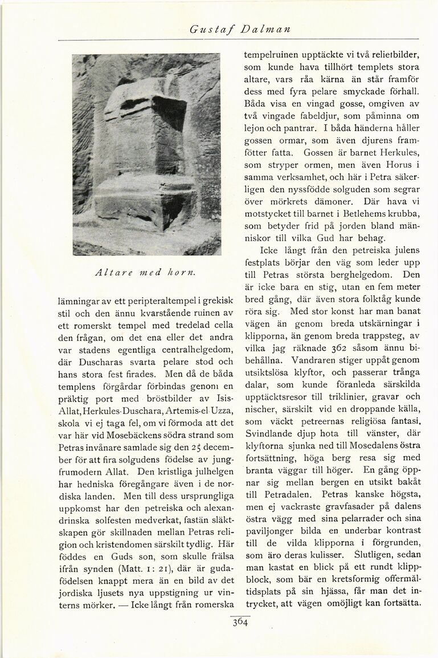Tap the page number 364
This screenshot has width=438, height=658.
(x=239, y=623)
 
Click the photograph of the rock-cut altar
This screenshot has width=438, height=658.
(x=146, y=154)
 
